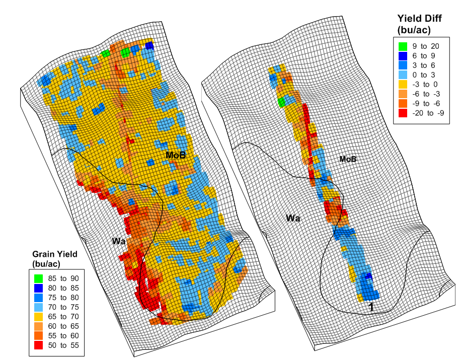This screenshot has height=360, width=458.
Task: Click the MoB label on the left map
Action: coord(176,156)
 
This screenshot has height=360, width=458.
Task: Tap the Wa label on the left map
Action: coord(119,242)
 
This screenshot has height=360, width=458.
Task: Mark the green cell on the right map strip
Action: coord(282,102)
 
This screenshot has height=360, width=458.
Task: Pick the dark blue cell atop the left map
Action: coord(149,46)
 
